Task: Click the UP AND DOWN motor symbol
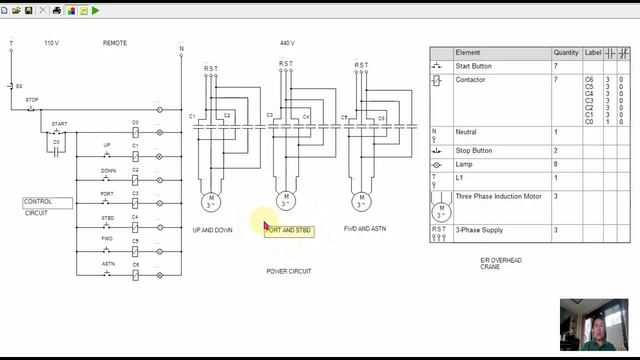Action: point(211,201)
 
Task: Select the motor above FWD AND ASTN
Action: point(361,201)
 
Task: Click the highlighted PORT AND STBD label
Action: point(289,230)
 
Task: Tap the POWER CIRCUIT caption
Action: point(289,271)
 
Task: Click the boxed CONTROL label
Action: point(47,202)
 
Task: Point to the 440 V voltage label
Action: point(287,44)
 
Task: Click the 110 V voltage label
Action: point(52,44)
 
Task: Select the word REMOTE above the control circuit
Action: point(115,44)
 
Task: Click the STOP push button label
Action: point(32,100)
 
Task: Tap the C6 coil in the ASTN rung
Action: point(135,273)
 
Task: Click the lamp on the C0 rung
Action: point(160,131)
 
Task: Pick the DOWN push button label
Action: point(108,171)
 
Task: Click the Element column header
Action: point(468,52)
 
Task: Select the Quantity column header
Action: point(566,52)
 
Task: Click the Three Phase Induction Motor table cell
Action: point(498,197)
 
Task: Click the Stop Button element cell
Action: point(473,150)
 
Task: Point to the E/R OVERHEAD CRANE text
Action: point(501,263)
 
